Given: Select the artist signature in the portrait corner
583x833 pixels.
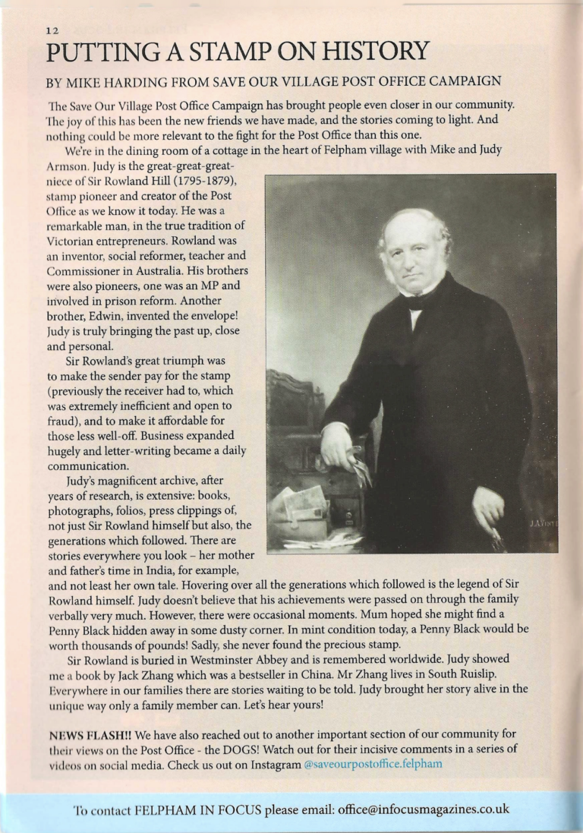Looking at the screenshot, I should pos(542,523).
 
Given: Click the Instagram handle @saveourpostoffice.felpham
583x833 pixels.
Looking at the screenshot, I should pos(372,764).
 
